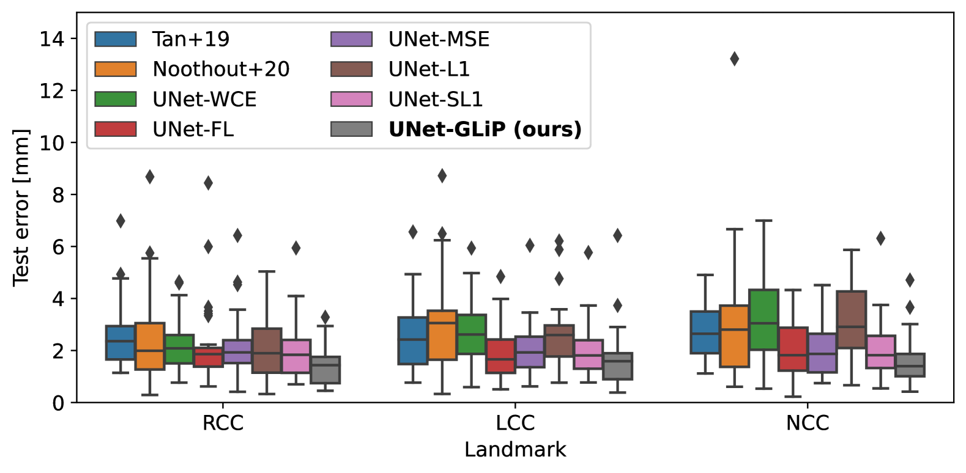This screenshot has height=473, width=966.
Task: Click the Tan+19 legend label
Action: tap(191, 39)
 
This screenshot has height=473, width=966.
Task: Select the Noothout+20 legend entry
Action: tap(221, 69)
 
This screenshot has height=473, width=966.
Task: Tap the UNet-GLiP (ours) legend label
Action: tap(485, 129)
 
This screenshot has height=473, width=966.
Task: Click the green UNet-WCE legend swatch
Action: tap(116, 99)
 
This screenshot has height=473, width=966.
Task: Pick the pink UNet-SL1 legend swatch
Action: tap(351, 99)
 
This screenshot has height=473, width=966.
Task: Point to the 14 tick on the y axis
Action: tap(52, 39)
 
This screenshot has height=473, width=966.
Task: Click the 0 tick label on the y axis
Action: tap(58, 403)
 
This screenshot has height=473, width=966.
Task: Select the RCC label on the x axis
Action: tap(223, 423)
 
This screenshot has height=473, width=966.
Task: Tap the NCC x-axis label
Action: tap(807, 423)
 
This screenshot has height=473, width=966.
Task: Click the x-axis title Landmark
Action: tap(515, 450)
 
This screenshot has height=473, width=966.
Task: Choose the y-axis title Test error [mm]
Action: tap(21, 207)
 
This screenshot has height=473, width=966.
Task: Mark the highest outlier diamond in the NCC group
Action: tap(734, 59)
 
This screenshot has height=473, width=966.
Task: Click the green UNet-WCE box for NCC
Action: tap(764, 320)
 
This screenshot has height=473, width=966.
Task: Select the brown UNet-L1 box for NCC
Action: tap(851, 320)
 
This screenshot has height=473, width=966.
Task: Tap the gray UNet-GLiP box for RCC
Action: tap(325, 370)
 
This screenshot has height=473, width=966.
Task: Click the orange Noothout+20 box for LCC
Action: tap(442, 335)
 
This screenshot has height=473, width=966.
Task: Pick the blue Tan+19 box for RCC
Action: tap(121, 342)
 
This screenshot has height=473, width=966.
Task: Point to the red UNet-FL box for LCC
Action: tap(500, 356)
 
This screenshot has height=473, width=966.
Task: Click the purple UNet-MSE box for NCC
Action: tap(822, 353)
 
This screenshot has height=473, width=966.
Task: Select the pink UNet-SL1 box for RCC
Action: tap(296, 356)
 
